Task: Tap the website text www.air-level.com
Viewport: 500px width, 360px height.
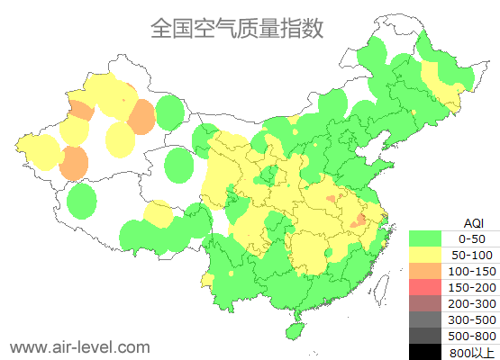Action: [79, 346]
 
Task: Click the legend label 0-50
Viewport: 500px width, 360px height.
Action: [472, 238]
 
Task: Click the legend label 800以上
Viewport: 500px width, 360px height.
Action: [472, 352]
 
